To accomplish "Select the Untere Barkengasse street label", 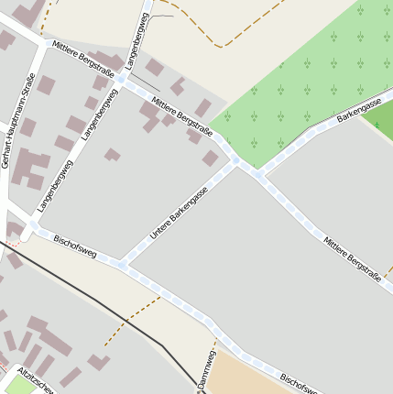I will pyautogui.click(x=179, y=213).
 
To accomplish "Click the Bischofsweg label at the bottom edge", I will pyautogui.click(x=300, y=382).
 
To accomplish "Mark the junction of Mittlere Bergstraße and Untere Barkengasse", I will pyautogui.click(x=237, y=163).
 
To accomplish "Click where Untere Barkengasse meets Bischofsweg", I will pyautogui.click(x=122, y=265).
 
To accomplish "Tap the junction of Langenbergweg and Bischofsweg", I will pyautogui.click(x=33, y=224).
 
